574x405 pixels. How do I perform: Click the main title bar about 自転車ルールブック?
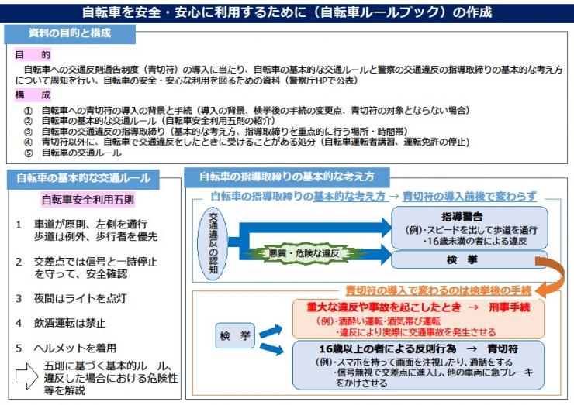[x=287, y=12]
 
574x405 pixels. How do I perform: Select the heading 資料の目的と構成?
[x=69, y=33]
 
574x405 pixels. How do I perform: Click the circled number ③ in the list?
[x=29, y=132]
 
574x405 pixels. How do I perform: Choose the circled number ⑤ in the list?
[x=29, y=153]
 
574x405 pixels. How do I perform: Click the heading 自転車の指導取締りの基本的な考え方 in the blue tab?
[x=287, y=176]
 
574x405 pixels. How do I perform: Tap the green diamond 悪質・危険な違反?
[x=299, y=252]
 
